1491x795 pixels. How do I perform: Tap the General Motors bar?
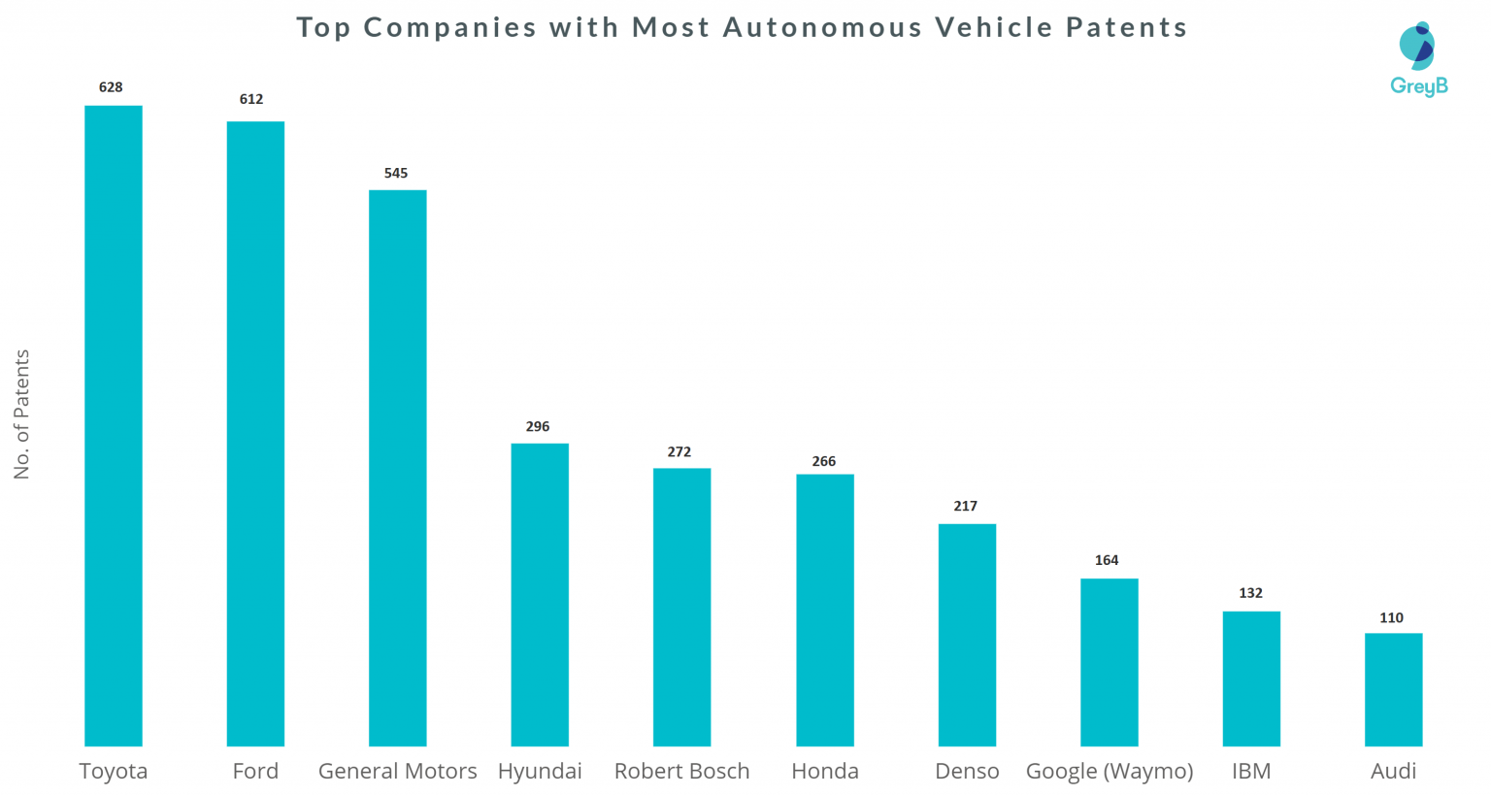[x=397, y=468]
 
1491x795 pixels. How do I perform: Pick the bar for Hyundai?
[x=540, y=594]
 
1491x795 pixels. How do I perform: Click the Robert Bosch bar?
[x=681, y=607]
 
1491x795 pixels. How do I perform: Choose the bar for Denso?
[x=967, y=635]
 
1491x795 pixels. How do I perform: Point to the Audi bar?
[x=1393, y=689]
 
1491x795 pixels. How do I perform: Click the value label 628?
[x=111, y=87]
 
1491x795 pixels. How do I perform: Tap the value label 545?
[x=396, y=173]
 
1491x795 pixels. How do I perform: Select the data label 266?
[x=824, y=461]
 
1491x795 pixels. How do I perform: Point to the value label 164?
[x=1107, y=560]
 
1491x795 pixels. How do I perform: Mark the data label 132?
[x=1250, y=593]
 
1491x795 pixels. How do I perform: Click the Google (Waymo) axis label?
[x=1110, y=771]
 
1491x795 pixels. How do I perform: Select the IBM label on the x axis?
[x=1250, y=771]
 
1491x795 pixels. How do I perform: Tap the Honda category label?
[x=825, y=771]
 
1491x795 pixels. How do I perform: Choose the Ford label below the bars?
[x=255, y=771]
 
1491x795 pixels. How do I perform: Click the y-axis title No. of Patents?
[x=22, y=414]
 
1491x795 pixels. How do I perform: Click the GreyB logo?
[x=1418, y=59]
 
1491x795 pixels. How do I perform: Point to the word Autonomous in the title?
[x=823, y=27]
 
